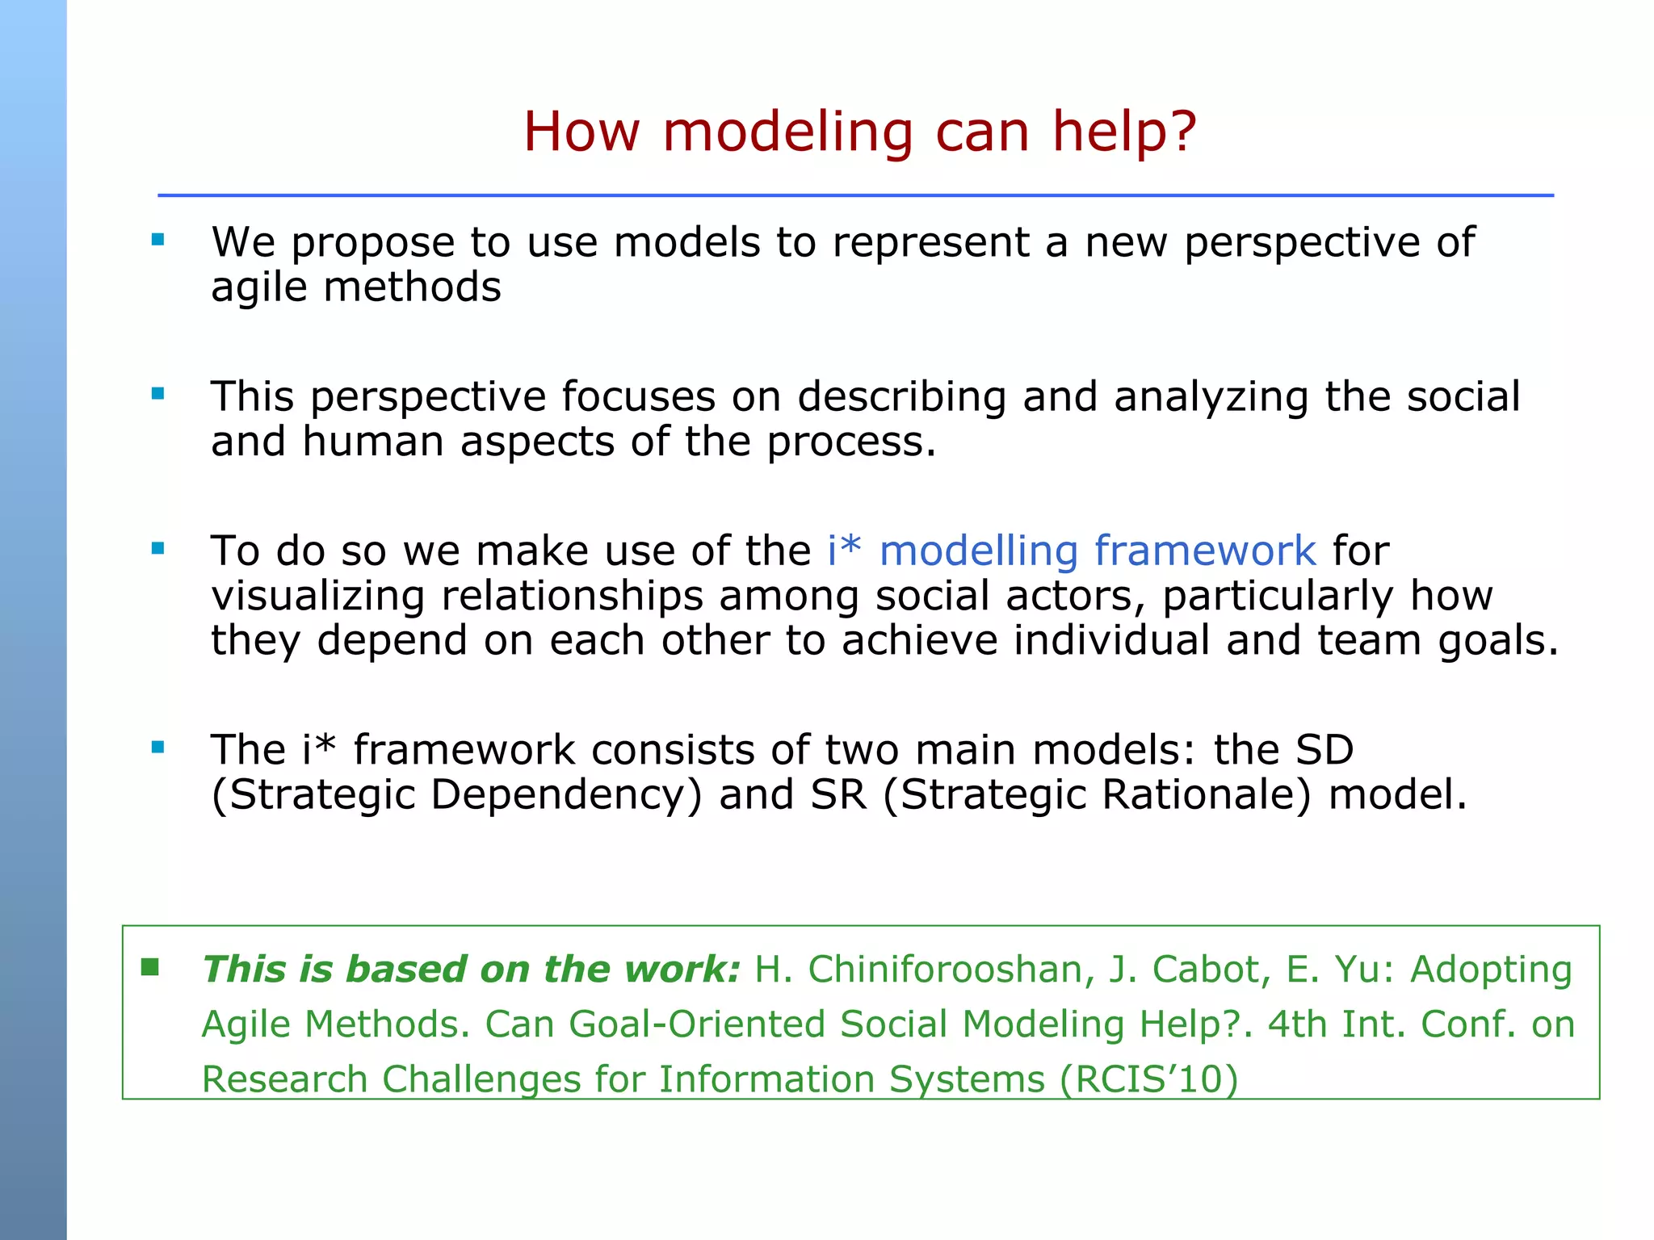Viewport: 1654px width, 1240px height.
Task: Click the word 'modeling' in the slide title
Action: [787, 132]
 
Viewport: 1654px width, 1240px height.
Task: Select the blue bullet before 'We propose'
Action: [158, 239]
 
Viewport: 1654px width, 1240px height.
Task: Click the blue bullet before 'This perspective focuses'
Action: [158, 394]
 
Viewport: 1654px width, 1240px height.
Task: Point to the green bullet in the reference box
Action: [150, 966]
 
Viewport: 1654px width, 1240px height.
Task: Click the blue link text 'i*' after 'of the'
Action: [844, 551]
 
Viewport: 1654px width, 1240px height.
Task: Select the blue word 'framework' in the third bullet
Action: [1205, 551]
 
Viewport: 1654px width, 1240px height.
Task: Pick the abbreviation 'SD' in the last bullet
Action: [1324, 749]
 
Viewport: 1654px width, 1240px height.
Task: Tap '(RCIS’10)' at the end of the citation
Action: [1148, 1079]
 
